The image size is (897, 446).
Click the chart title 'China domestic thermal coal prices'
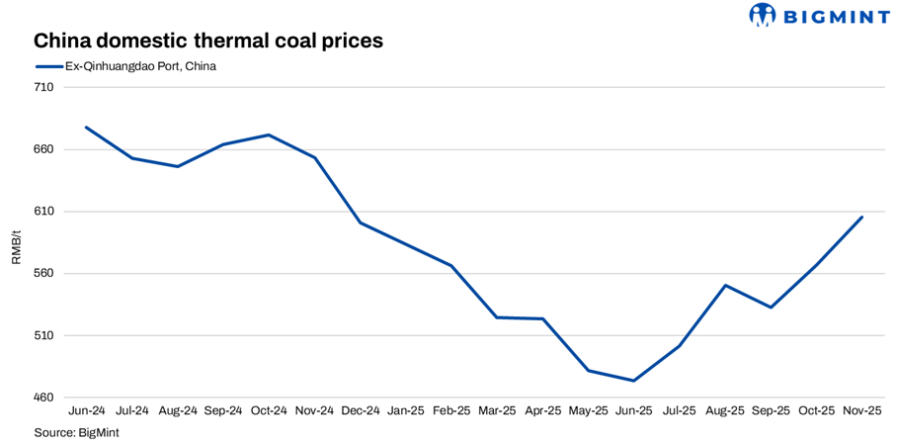207,42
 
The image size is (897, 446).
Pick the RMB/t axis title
16,246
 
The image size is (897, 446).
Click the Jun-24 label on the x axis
87,410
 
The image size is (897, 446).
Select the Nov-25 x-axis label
861,410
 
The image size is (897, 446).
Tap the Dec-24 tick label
361,410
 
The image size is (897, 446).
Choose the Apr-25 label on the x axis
542,410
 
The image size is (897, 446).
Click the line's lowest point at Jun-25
633,381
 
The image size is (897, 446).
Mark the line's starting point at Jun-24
87,127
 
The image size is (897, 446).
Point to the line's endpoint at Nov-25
861,217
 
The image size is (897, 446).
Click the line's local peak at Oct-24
270,134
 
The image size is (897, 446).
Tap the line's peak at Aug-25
725,285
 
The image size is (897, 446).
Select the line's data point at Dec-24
361,223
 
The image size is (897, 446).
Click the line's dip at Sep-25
771,308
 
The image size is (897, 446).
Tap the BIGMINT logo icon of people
763,15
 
